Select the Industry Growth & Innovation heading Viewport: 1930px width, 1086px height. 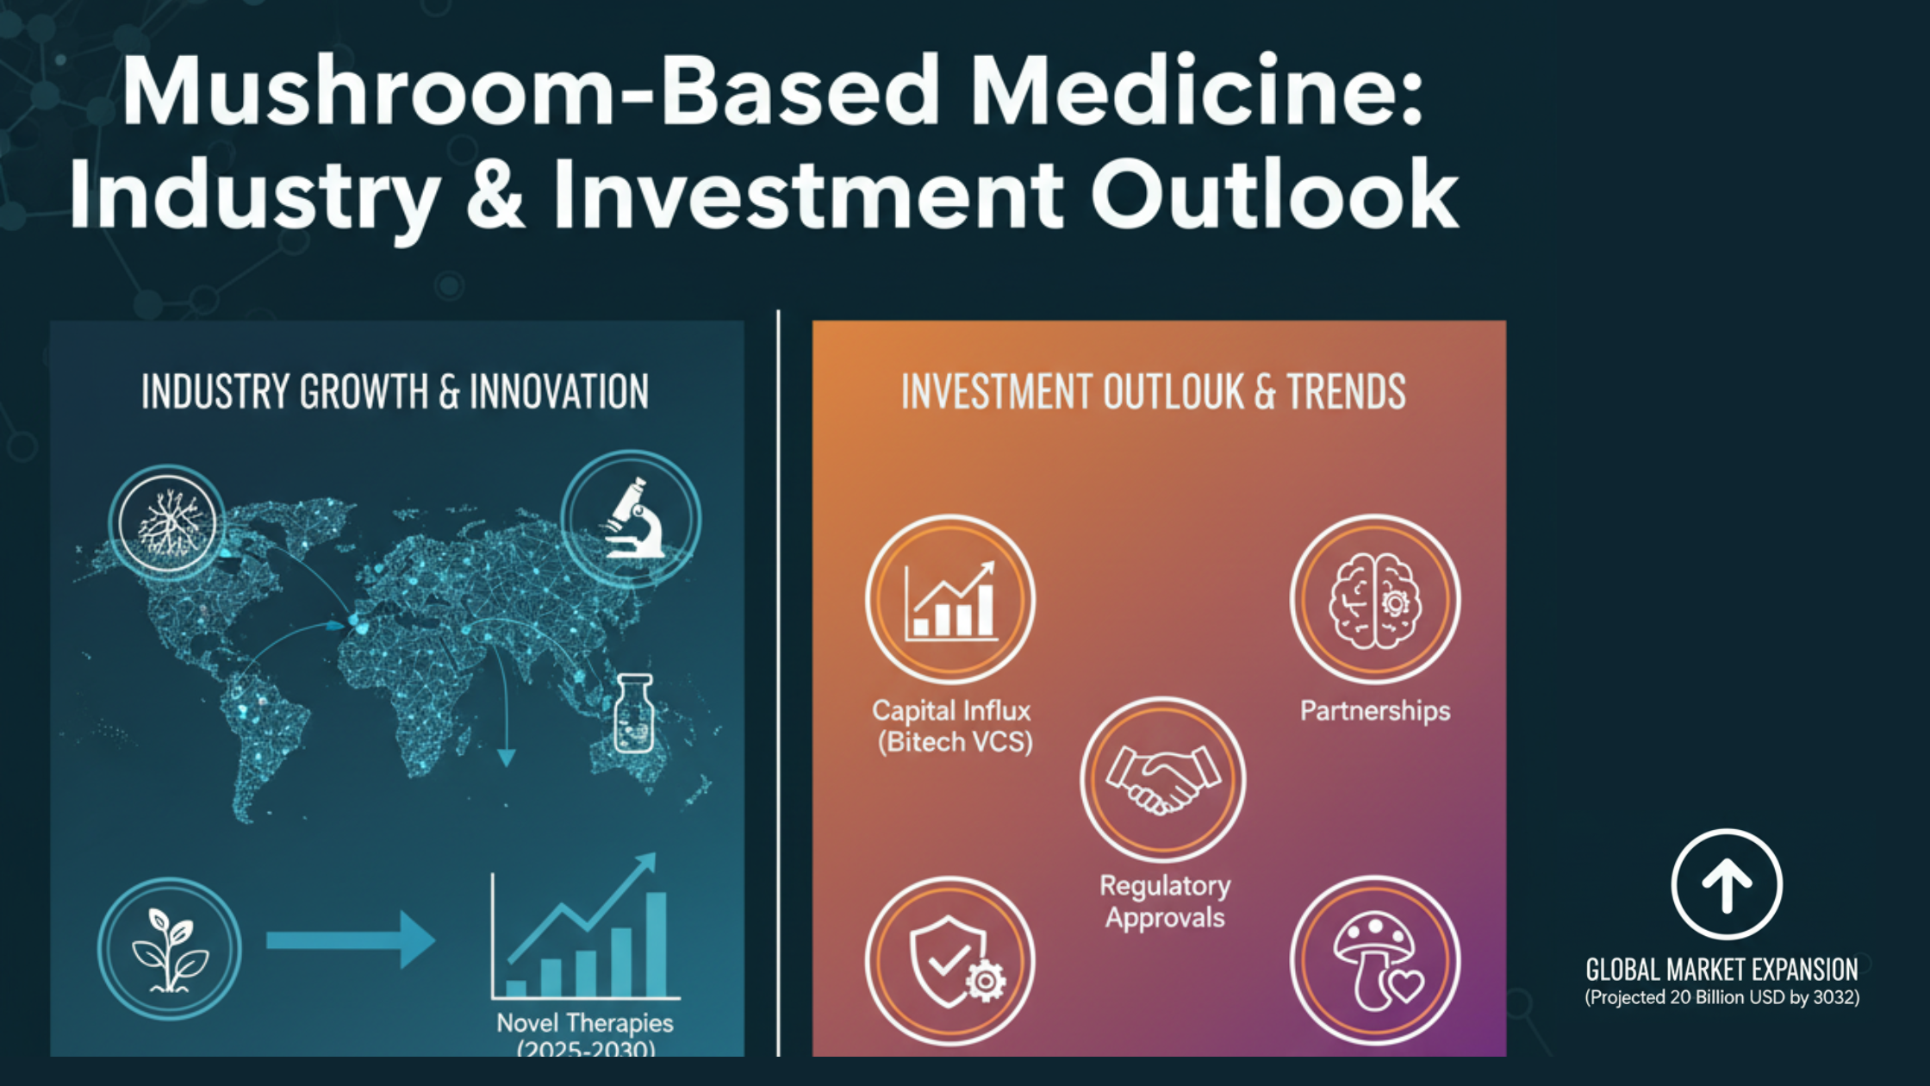[x=395, y=392]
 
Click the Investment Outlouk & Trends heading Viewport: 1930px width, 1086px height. [x=1153, y=392]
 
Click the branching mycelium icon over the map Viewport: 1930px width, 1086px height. [x=167, y=522]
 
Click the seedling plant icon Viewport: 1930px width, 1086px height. [x=169, y=949]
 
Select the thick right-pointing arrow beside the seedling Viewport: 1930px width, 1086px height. [x=350, y=940]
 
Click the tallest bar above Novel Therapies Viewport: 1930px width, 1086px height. [x=657, y=944]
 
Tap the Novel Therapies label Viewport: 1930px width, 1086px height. [x=585, y=1024]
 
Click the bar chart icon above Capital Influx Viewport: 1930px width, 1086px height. [x=950, y=600]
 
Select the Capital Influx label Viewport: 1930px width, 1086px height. [x=952, y=726]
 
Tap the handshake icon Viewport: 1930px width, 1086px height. [x=1163, y=779]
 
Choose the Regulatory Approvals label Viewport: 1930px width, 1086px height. [x=1165, y=902]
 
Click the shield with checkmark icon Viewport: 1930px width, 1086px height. [x=950, y=961]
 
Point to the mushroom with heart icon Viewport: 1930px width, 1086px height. [x=1375, y=961]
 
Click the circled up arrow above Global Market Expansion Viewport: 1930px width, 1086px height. [x=1727, y=885]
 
